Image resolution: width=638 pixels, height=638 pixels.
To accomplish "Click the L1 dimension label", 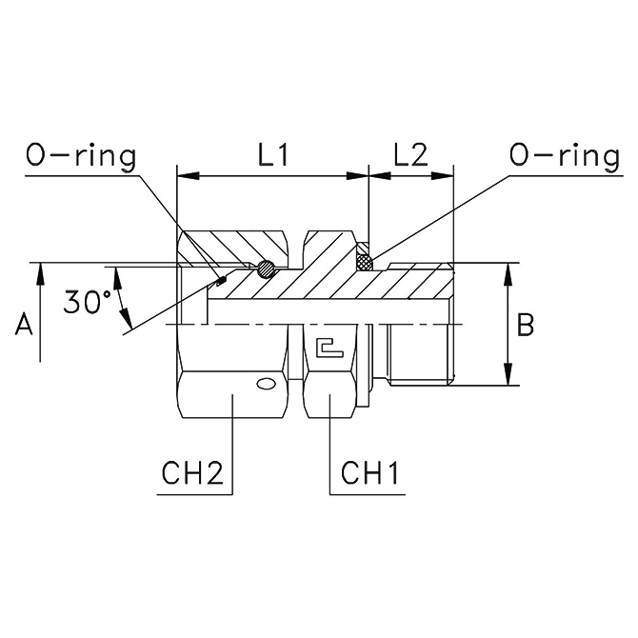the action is tap(273, 155).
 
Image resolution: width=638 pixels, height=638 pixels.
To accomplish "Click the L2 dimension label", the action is tap(411, 155).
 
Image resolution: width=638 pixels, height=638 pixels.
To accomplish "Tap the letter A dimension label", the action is tap(23, 326).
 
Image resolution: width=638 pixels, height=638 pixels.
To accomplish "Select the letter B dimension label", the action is tap(526, 326).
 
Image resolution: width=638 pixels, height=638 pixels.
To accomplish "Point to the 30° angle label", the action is tap(88, 302).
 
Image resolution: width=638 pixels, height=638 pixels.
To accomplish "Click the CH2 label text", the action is tap(193, 473).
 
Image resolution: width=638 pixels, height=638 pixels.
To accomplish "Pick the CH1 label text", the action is tap(369, 473).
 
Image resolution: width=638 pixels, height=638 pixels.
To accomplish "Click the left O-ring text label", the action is tap(81, 157).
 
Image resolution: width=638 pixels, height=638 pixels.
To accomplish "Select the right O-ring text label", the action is tap(565, 157).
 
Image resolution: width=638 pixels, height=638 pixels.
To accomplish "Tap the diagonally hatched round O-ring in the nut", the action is tap(266, 269).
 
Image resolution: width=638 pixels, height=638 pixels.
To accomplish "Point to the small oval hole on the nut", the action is tap(266, 384).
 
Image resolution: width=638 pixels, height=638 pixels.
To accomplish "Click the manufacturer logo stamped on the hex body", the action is tap(330, 347).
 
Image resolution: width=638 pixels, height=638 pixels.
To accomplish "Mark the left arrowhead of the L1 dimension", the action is tap(189, 176).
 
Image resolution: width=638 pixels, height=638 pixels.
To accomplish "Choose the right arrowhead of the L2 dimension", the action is tap(442, 176).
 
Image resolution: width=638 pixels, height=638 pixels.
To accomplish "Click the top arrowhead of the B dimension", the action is tap(508, 274).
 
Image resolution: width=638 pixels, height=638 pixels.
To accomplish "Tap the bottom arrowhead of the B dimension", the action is tap(508, 374).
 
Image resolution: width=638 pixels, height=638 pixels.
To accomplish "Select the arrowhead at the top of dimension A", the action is tap(40, 274).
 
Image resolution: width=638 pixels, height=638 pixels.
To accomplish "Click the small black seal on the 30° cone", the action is tap(222, 280).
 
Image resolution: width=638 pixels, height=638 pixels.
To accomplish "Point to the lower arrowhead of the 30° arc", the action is tap(127, 318).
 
